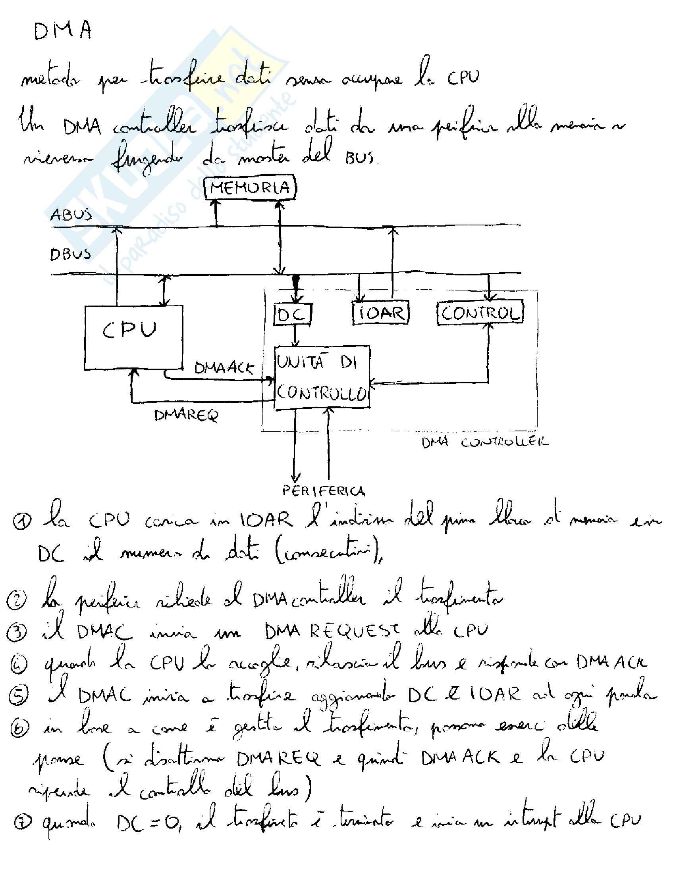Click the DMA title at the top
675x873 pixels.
click(x=63, y=31)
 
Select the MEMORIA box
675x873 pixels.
click(x=250, y=188)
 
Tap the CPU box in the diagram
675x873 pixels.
click(x=133, y=337)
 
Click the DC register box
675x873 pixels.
click(x=292, y=314)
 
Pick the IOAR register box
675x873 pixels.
click(x=380, y=313)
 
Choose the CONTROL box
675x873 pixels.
click(x=480, y=313)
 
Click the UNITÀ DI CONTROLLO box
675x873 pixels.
click(x=322, y=377)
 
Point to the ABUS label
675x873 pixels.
click(x=66, y=215)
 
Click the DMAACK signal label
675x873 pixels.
click(x=224, y=368)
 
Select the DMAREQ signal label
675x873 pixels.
click(x=186, y=416)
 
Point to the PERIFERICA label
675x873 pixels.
click(x=324, y=491)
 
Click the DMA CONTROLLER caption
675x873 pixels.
click(x=485, y=442)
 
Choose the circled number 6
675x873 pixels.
click(x=19, y=727)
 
